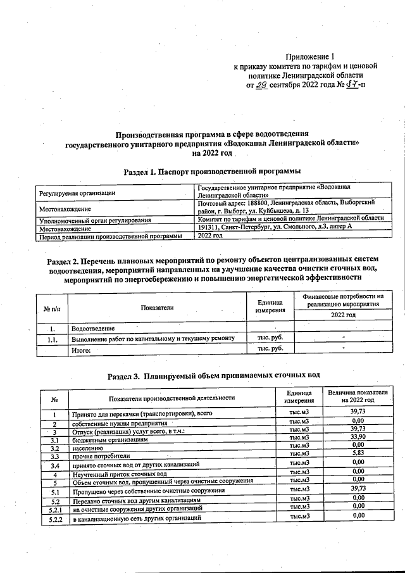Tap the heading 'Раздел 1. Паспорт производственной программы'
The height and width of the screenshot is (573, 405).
211,171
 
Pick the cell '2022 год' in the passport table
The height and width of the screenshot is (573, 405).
210,235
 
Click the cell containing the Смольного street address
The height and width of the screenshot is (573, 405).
274,227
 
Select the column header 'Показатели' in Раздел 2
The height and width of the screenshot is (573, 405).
156,307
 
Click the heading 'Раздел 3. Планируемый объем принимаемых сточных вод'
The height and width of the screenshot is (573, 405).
214,375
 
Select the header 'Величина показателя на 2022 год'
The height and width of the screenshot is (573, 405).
358,397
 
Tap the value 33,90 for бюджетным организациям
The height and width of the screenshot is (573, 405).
358,437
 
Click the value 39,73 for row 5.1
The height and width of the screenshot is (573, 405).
358,489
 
